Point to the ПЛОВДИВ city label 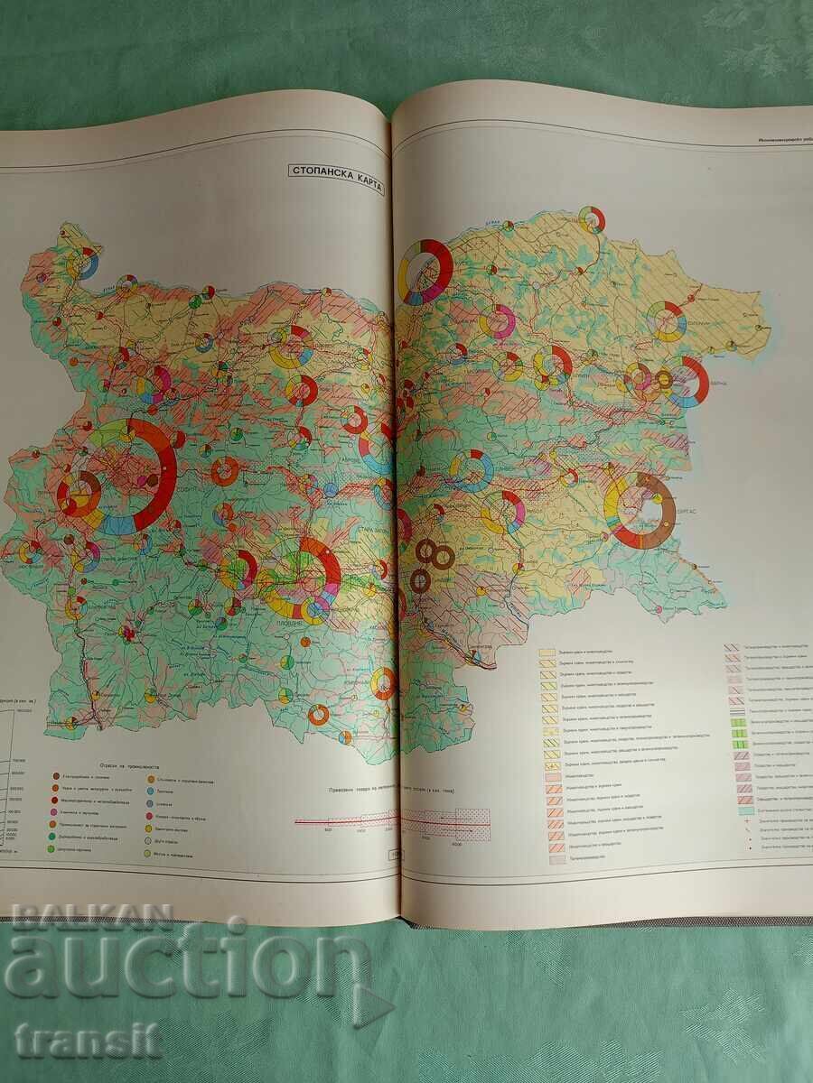[x=287, y=623]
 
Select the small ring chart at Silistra [x=591, y=218]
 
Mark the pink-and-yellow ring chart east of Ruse [x=498, y=324]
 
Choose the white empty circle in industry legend [x=148, y=837]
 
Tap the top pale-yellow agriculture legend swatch [x=547, y=651]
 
